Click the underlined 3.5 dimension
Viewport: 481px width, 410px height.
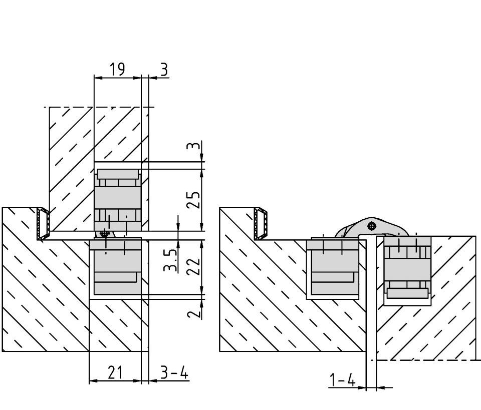(171, 260)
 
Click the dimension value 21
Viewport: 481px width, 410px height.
(115, 373)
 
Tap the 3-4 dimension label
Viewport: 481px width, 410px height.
(174, 373)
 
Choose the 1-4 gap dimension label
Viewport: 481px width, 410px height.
(343, 381)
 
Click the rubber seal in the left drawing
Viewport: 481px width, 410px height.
(43, 223)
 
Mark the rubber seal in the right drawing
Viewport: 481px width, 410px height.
(261, 223)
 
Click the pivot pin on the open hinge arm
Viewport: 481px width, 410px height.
(371, 226)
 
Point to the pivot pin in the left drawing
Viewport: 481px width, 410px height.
(104, 233)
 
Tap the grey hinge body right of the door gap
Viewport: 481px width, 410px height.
(407, 268)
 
